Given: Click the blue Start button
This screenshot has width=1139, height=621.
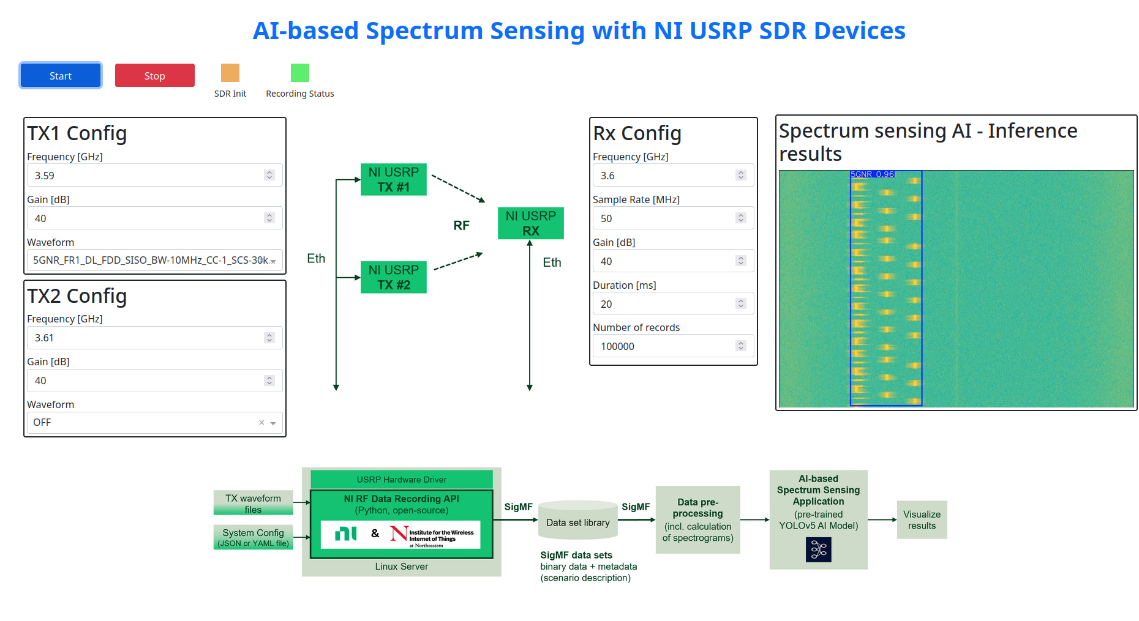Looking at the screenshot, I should [x=61, y=76].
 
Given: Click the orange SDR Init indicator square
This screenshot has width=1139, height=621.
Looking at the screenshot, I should [x=230, y=73].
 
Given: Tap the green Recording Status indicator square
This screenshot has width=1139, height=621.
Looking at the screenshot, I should [x=300, y=73].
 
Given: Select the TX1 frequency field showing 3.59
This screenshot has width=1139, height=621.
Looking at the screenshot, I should [x=147, y=176].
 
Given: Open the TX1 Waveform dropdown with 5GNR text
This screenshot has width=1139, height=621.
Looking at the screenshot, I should [x=153, y=261].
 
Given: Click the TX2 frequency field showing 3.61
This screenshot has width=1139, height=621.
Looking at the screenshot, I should [x=147, y=338].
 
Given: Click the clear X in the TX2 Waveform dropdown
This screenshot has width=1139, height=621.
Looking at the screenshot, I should [x=261, y=423].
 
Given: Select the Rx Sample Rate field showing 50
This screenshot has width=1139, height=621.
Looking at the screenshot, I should [x=667, y=218].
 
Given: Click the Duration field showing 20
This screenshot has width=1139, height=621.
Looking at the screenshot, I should [x=667, y=304].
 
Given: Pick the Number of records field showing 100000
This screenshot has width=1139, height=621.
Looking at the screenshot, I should [x=667, y=346].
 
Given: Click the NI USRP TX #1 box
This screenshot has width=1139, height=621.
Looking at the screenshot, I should [x=394, y=179].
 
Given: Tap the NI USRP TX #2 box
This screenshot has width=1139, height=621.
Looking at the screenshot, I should [x=394, y=277].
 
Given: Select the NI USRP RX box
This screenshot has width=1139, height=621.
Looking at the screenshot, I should [x=531, y=223].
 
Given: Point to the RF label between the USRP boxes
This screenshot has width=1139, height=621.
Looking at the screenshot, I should [x=461, y=226].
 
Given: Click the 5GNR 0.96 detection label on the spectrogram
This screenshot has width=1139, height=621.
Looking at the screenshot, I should [x=873, y=174].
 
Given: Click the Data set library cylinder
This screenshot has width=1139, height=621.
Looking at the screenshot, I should [x=578, y=522].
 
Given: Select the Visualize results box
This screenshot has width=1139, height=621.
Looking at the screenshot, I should [x=922, y=520].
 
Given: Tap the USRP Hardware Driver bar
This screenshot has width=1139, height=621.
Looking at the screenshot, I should [x=402, y=480].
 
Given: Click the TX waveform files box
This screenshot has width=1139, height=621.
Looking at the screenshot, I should [x=253, y=503].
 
